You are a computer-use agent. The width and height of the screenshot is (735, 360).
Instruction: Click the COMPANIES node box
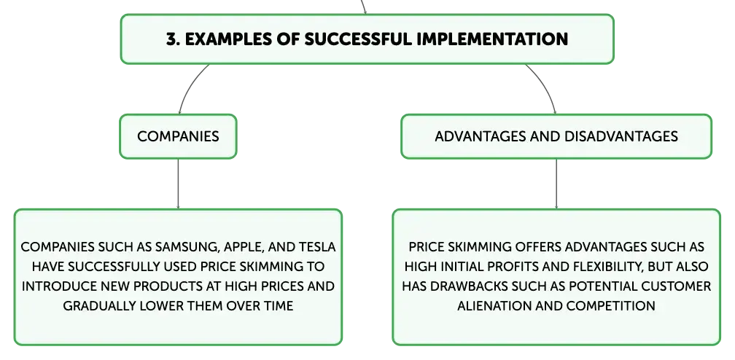(x=178, y=136)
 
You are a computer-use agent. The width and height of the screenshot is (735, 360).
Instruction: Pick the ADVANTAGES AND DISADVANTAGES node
(x=556, y=136)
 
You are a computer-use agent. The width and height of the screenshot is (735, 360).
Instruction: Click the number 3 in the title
(x=171, y=39)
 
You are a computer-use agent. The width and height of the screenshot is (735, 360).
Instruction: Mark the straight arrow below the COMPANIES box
(x=178, y=184)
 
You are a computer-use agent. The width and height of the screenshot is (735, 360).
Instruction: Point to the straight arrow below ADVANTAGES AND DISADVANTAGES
(x=556, y=184)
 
